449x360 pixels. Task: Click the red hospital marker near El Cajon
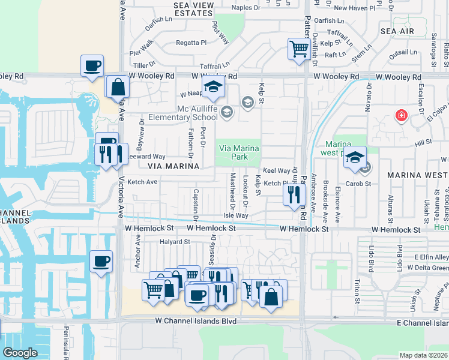(x=400, y=115)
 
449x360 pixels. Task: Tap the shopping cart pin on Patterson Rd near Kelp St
(x=298, y=49)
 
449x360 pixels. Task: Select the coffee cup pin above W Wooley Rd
(x=92, y=65)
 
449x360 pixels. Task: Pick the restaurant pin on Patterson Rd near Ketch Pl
(x=294, y=194)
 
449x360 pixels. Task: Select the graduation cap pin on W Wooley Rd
(x=212, y=86)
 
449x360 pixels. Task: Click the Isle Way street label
(x=235, y=215)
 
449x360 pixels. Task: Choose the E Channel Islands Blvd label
(x=414, y=323)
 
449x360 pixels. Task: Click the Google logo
(x=20, y=353)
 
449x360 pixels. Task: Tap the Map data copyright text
(x=424, y=355)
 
